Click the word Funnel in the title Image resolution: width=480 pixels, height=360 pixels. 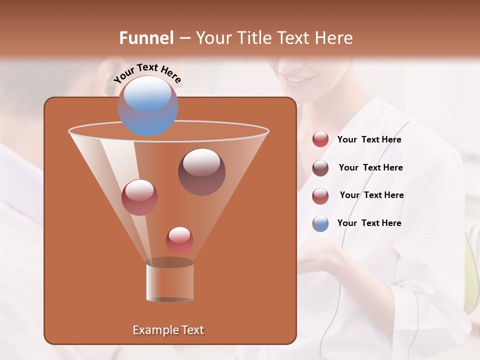coord(146,38)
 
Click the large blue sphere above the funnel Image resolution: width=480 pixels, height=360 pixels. coord(147,106)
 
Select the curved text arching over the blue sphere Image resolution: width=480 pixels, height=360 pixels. coord(147,73)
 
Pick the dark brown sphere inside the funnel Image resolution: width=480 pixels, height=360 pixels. coord(201,172)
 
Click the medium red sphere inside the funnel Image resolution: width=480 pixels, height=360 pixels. coord(139,197)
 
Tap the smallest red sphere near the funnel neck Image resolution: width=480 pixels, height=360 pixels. coord(179,240)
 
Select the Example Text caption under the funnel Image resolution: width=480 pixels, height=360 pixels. coord(168,330)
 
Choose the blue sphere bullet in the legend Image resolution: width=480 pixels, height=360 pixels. coord(320,223)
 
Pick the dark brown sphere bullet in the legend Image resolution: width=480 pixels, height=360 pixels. coord(320,168)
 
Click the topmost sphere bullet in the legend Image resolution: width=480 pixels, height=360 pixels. coord(320,139)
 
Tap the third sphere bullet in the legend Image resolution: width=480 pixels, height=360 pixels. coord(320,196)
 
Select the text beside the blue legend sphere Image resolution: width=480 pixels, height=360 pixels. coord(369,223)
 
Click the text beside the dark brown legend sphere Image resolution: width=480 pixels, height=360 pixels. coord(370,167)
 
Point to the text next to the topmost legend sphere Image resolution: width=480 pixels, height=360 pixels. coord(369,139)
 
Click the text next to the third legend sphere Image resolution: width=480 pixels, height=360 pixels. coord(371,195)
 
